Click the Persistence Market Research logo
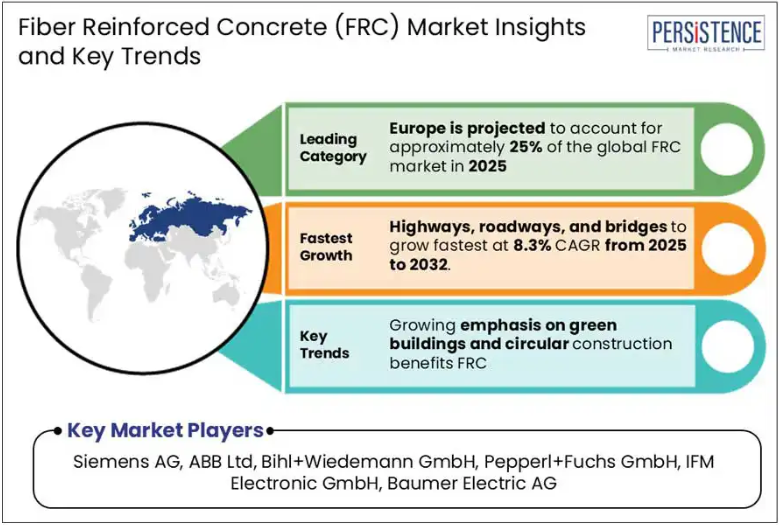pos(706,33)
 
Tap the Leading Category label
pos(333,148)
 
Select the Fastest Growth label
pos(326,247)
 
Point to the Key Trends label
pos(324,345)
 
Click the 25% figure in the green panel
pos(526,148)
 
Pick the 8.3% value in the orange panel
pos(532,245)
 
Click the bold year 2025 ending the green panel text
pos(487,166)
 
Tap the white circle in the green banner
pos(727,149)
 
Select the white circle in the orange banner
pos(727,248)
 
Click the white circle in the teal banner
pos(727,347)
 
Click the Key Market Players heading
pos(165,431)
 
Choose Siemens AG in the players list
pos(126,461)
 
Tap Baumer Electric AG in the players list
pos(472,483)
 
